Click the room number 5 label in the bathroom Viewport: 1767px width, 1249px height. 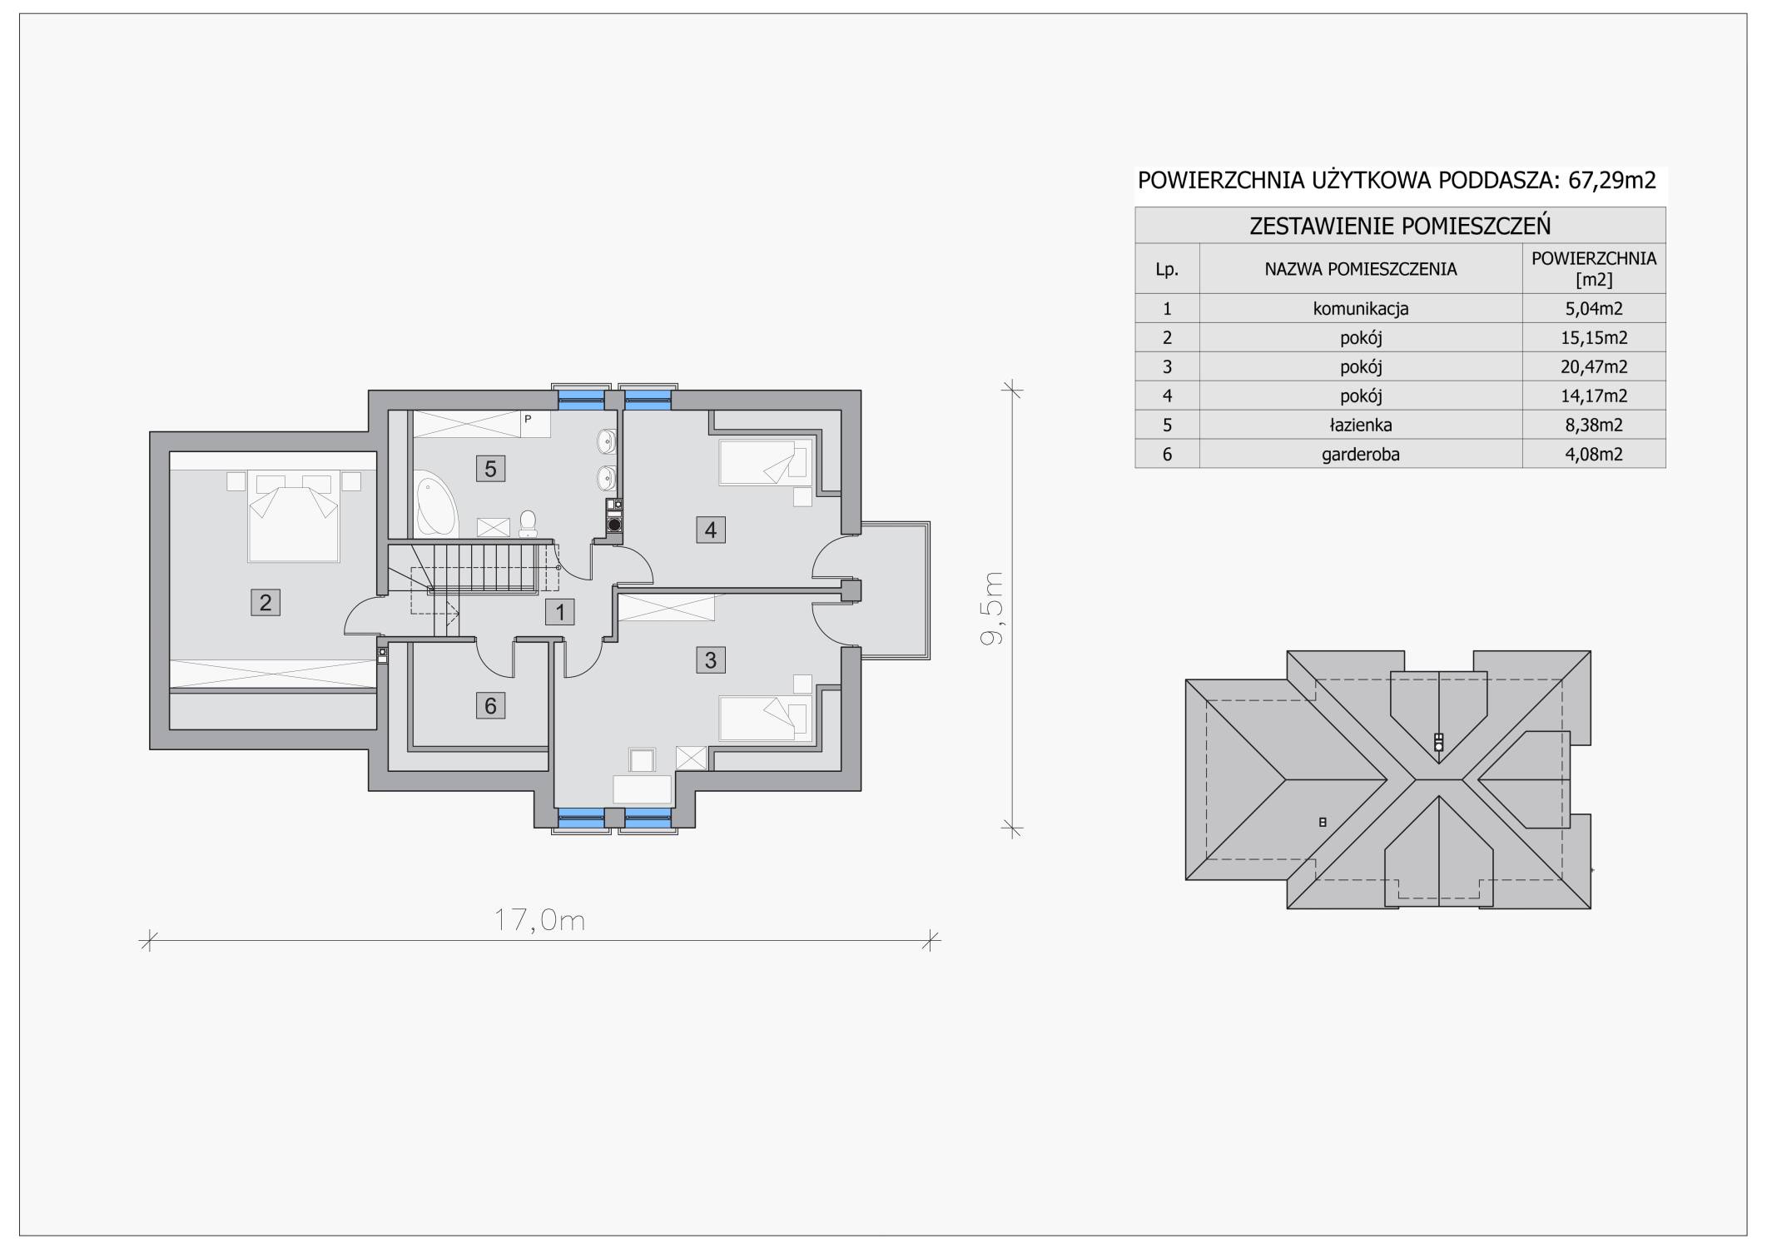click(490, 469)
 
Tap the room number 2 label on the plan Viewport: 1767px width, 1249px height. click(266, 602)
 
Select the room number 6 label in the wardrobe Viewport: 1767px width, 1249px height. click(490, 706)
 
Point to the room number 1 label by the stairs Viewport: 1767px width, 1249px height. click(560, 613)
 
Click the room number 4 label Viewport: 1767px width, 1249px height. click(710, 530)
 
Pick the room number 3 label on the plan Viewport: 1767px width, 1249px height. click(710, 660)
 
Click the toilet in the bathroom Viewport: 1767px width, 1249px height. click(528, 523)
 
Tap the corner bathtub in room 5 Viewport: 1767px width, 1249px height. click(436, 503)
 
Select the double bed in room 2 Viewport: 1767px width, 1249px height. click(293, 516)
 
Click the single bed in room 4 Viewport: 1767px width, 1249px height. click(766, 463)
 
